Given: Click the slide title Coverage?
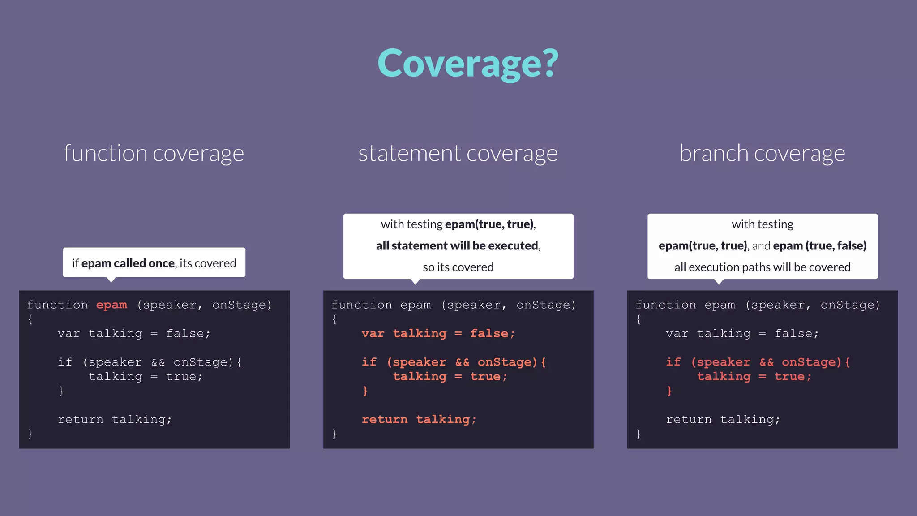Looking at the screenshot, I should [x=468, y=64].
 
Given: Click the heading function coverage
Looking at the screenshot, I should [x=154, y=153].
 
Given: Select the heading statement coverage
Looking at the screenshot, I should [x=458, y=153].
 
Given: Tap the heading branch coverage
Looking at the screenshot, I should [x=762, y=153].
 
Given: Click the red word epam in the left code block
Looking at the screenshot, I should [x=111, y=305].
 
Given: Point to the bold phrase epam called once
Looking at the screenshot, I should [x=128, y=263].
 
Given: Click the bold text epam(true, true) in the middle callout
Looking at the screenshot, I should [x=489, y=224].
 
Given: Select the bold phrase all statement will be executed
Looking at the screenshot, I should [x=457, y=246].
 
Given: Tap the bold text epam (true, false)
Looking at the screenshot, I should [x=819, y=246].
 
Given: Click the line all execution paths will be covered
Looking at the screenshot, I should [x=762, y=267].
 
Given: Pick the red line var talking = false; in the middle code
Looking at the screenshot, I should [x=438, y=334].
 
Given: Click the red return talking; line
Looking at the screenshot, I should [x=419, y=420].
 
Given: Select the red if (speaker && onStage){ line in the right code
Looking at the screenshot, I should [x=758, y=362].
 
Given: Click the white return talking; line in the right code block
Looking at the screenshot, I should [x=723, y=420].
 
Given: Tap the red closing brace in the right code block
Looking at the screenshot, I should [x=669, y=391].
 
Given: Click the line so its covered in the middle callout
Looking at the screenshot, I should [x=458, y=267].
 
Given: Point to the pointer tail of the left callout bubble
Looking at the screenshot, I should [x=111, y=280].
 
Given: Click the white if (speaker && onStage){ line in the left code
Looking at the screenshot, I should [x=150, y=362].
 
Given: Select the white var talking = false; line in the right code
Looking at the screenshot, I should [x=742, y=334].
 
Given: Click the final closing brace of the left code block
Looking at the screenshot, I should [x=30, y=434].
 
